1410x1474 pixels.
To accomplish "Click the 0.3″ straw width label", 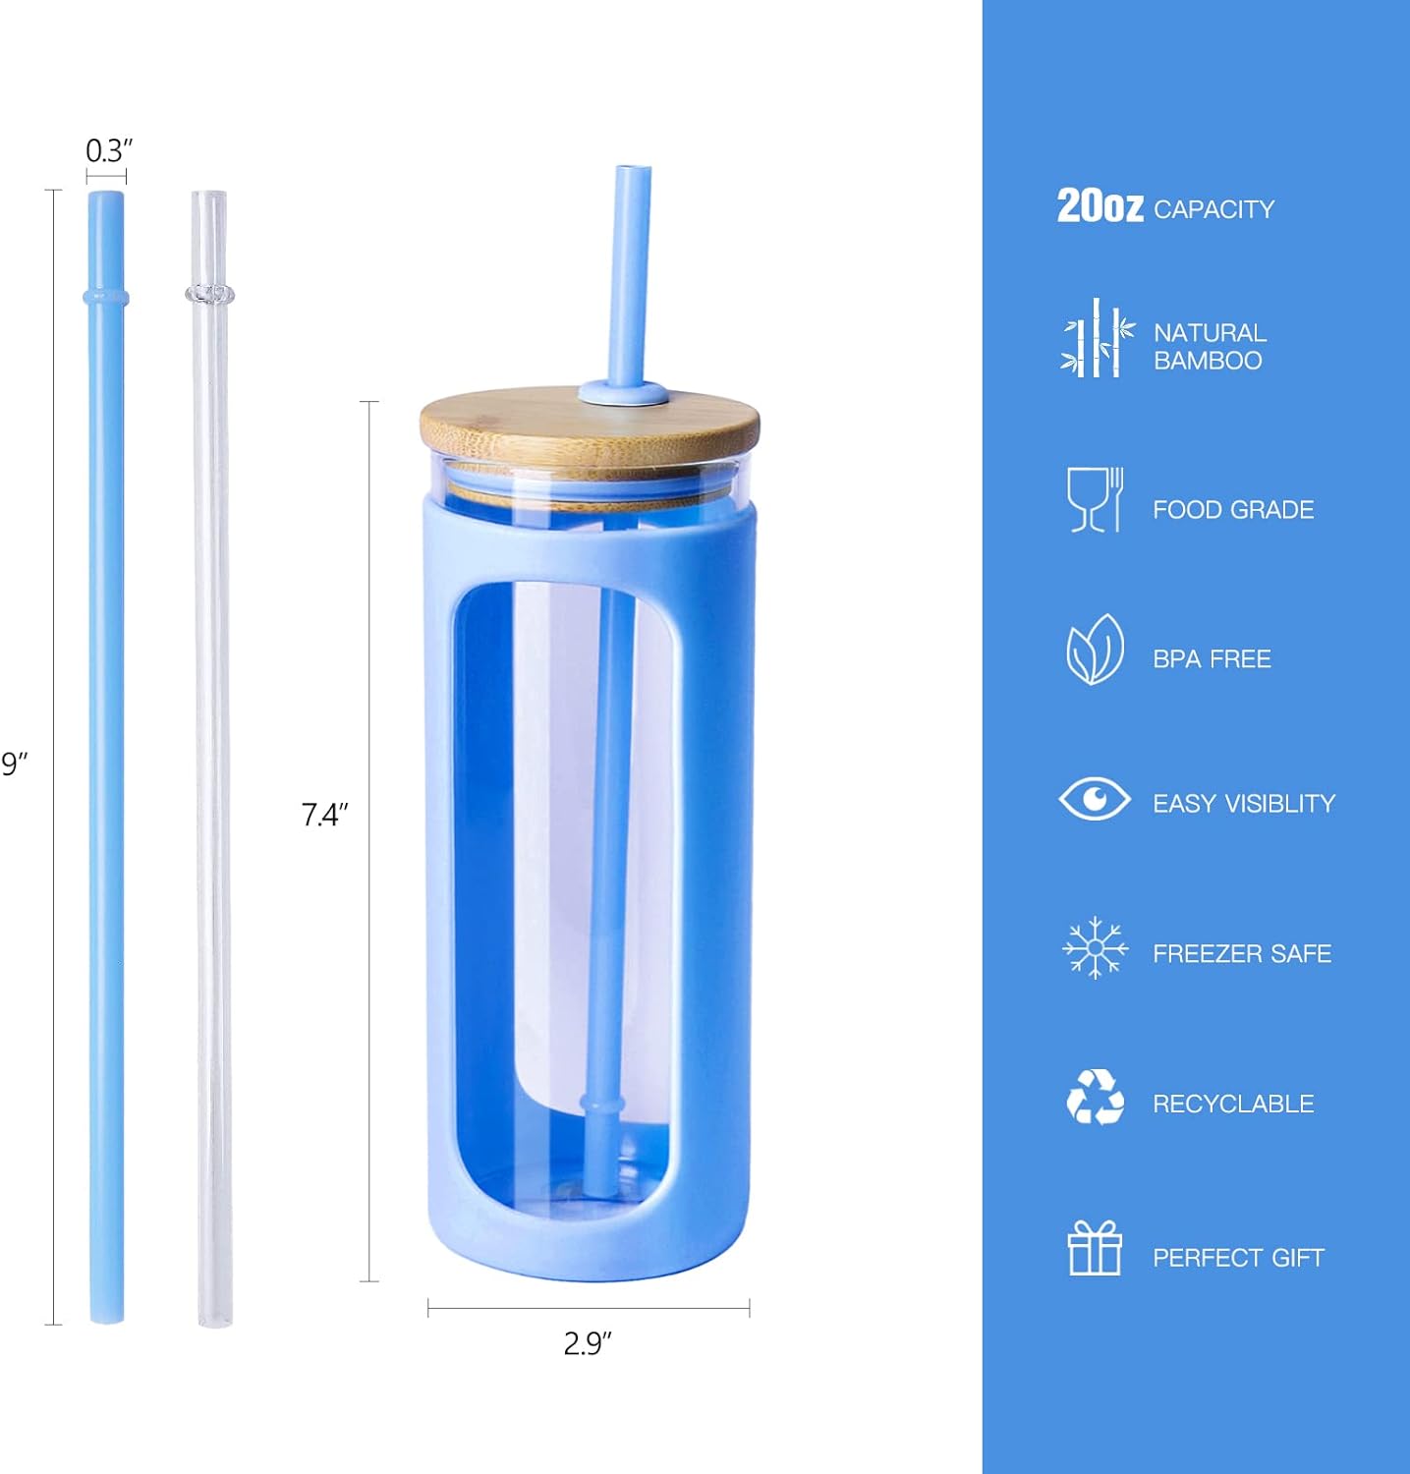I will [x=108, y=151].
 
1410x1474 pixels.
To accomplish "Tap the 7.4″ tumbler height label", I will [x=324, y=815].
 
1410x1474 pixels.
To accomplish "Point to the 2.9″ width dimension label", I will [x=588, y=1343].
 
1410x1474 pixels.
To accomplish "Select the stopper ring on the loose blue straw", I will [x=106, y=297].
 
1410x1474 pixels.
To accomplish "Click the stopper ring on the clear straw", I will [x=209, y=293].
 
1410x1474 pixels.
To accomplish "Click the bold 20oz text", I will [x=1100, y=206].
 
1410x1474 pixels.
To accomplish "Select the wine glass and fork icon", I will [x=1095, y=499].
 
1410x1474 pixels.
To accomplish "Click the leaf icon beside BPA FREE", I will [x=1095, y=650].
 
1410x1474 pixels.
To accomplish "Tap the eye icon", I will [x=1095, y=798].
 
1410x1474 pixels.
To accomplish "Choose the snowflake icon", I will [x=1095, y=948].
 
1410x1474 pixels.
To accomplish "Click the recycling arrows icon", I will [x=1095, y=1098].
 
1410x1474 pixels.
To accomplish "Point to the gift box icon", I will [x=1095, y=1248].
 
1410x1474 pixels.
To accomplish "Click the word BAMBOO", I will [x=1208, y=361].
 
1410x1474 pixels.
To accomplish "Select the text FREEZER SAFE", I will [x=1242, y=953].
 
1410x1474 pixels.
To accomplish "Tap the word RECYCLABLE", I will [x=1233, y=1104].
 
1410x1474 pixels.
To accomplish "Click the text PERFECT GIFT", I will [x=1238, y=1258].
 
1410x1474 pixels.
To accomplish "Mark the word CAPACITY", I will [x=1213, y=209].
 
